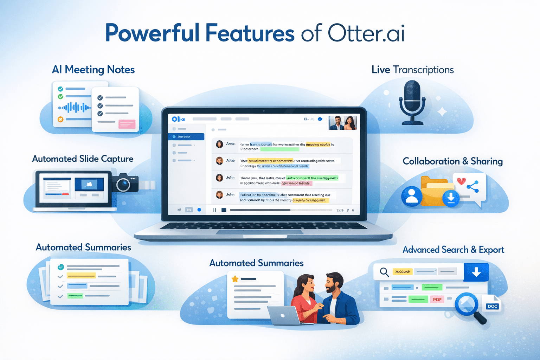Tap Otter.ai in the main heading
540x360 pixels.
click(x=366, y=33)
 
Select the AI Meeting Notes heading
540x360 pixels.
click(x=93, y=70)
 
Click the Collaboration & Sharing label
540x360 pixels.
click(x=452, y=161)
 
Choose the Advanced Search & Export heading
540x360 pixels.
click(x=453, y=250)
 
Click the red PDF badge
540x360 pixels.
click(x=437, y=300)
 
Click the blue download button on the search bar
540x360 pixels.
click(x=476, y=272)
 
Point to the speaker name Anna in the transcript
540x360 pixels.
click(x=231, y=144)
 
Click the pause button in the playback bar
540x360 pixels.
click(x=214, y=210)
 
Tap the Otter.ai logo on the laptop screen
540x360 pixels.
click(x=179, y=119)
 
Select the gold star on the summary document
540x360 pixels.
click(x=235, y=279)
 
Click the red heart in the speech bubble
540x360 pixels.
click(x=461, y=181)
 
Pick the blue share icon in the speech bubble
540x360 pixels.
click(x=473, y=187)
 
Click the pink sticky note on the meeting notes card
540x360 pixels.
click(x=127, y=124)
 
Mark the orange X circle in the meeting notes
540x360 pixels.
click(x=60, y=120)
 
